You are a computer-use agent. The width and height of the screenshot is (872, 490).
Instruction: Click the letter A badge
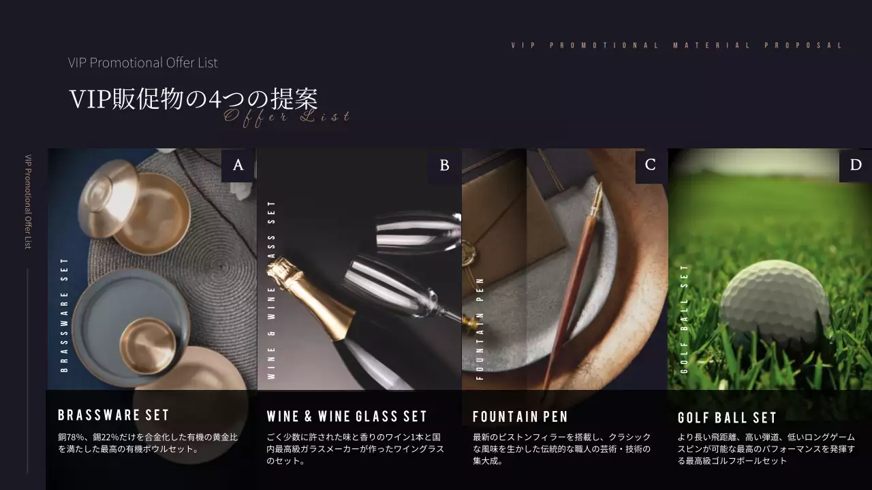coord(238,165)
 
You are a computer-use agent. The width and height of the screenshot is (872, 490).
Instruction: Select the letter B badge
coord(445,165)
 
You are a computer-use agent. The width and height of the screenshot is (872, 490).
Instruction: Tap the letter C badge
coord(651,165)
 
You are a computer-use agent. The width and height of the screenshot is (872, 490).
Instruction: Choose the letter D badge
coord(856,165)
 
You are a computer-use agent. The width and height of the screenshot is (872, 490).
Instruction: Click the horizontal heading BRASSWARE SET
coord(113,415)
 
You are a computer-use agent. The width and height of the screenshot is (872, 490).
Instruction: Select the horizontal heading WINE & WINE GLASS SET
coord(347,416)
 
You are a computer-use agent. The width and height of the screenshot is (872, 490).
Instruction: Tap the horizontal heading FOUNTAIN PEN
coord(520,416)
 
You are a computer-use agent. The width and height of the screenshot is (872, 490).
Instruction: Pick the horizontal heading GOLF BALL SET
coord(727,418)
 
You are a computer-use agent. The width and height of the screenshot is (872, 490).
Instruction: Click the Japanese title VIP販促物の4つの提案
coord(193,99)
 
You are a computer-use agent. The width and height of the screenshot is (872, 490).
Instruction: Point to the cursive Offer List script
coord(287,117)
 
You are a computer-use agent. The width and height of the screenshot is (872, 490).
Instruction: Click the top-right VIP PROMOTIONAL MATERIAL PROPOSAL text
coord(677,46)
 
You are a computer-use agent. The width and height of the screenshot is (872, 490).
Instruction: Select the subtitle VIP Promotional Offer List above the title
coord(143,63)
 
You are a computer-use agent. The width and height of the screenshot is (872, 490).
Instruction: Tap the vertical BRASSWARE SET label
coord(65,314)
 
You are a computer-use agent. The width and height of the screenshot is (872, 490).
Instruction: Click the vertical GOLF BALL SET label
coord(685,318)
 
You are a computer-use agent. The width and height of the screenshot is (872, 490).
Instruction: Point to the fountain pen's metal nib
coord(597,198)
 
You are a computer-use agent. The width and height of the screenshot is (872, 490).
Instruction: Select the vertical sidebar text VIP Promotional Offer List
coord(28,201)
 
